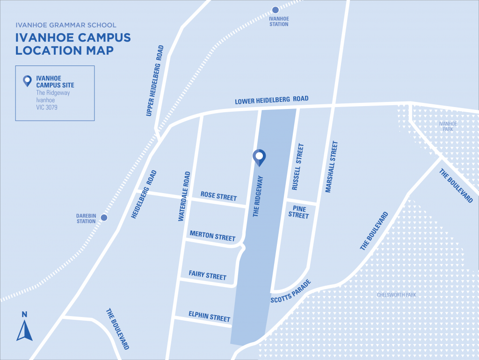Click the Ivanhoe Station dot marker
[x=275, y=10]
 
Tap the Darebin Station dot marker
[x=104, y=217]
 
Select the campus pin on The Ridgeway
[x=259, y=158]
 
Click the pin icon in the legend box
[x=28, y=81]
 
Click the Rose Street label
[x=218, y=196]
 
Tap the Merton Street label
[x=212, y=236]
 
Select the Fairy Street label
[x=207, y=275]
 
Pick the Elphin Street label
[x=209, y=316]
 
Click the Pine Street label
[x=298, y=211]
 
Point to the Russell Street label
[x=298, y=167]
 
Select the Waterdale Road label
[x=184, y=196]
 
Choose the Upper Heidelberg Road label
[x=155, y=80]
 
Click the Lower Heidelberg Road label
[x=271, y=100]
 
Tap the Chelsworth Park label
[x=396, y=295]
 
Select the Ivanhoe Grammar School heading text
[x=65, y=25]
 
